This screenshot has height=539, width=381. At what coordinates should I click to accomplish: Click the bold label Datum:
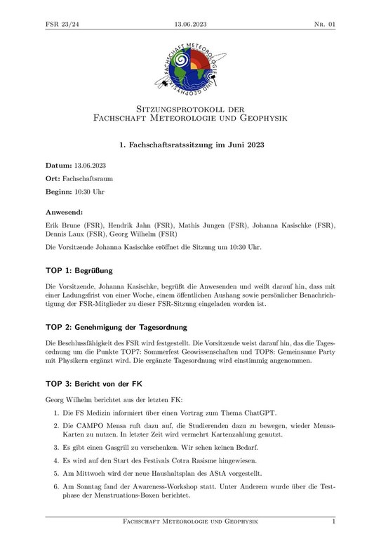click(58, 166)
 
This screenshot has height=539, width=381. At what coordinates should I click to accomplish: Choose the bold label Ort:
click(53, 179)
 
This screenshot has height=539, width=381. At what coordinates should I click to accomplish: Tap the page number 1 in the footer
click(333, 522)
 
